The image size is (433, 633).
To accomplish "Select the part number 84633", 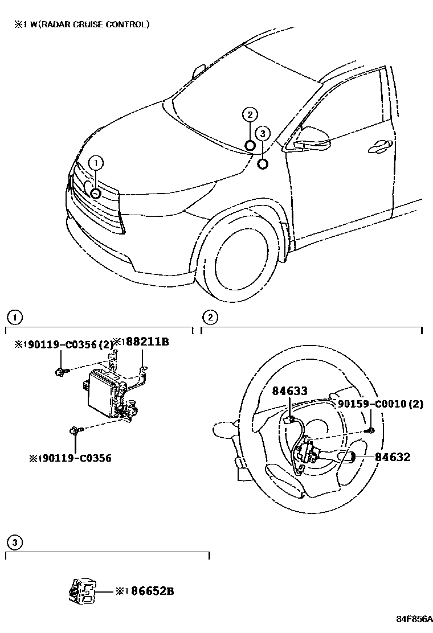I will [x=289, y=391].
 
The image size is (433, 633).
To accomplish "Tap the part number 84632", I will [x=393, y=457].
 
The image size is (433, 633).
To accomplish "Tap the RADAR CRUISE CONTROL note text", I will [x=85, y=24].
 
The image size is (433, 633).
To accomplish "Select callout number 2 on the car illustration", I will [x=250, y=114].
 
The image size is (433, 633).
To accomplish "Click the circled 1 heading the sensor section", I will [x=14, y=316].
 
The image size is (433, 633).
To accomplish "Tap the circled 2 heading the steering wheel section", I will [x=210, y=316].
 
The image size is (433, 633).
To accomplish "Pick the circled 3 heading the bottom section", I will [x=14, y=542].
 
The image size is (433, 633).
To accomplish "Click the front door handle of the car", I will [x=379, y=147].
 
